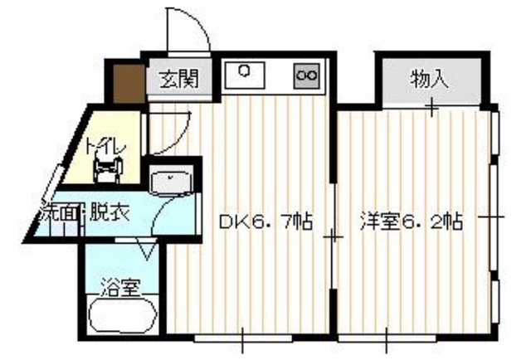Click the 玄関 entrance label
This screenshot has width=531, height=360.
(179, 80)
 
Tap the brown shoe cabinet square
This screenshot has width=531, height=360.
(129, 83)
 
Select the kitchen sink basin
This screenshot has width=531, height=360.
(245, 75)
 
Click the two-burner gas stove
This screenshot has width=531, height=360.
(306, 75)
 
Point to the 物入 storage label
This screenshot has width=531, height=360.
(430, 80)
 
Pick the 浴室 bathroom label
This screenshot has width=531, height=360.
(120, 288)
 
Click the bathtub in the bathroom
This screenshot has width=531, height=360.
(123, 314)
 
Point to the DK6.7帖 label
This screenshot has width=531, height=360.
(265, 221)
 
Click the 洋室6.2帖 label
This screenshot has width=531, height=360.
(411, 221)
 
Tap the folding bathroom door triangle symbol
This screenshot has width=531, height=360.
(147, 249)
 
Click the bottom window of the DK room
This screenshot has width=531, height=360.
(243, 338)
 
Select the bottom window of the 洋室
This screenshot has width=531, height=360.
(387, 338)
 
